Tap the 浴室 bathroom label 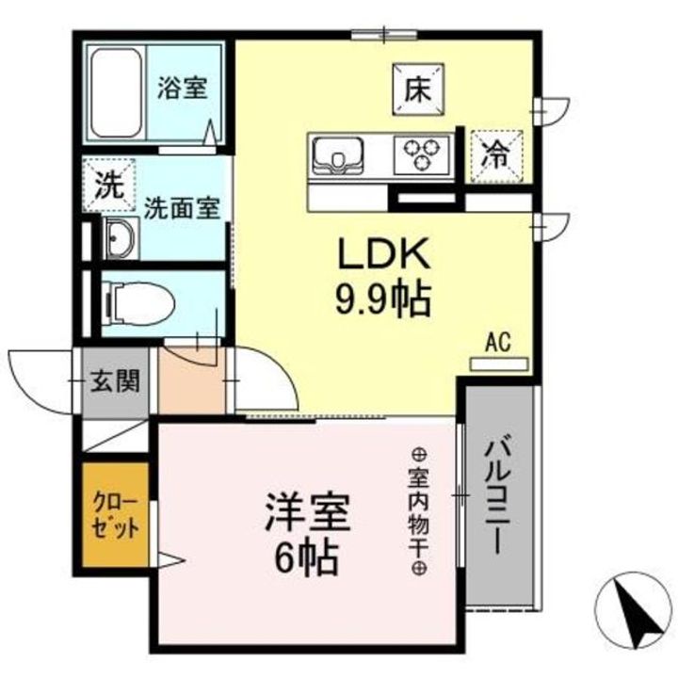pos(181,88)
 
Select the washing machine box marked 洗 pos(110,184)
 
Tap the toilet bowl pos(139,303)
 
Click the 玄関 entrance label pos(115,380)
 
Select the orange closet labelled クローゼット pos(115,514)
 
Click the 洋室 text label pos(305,513)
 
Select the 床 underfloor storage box pos(417,88)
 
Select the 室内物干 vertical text pos(417,508)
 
